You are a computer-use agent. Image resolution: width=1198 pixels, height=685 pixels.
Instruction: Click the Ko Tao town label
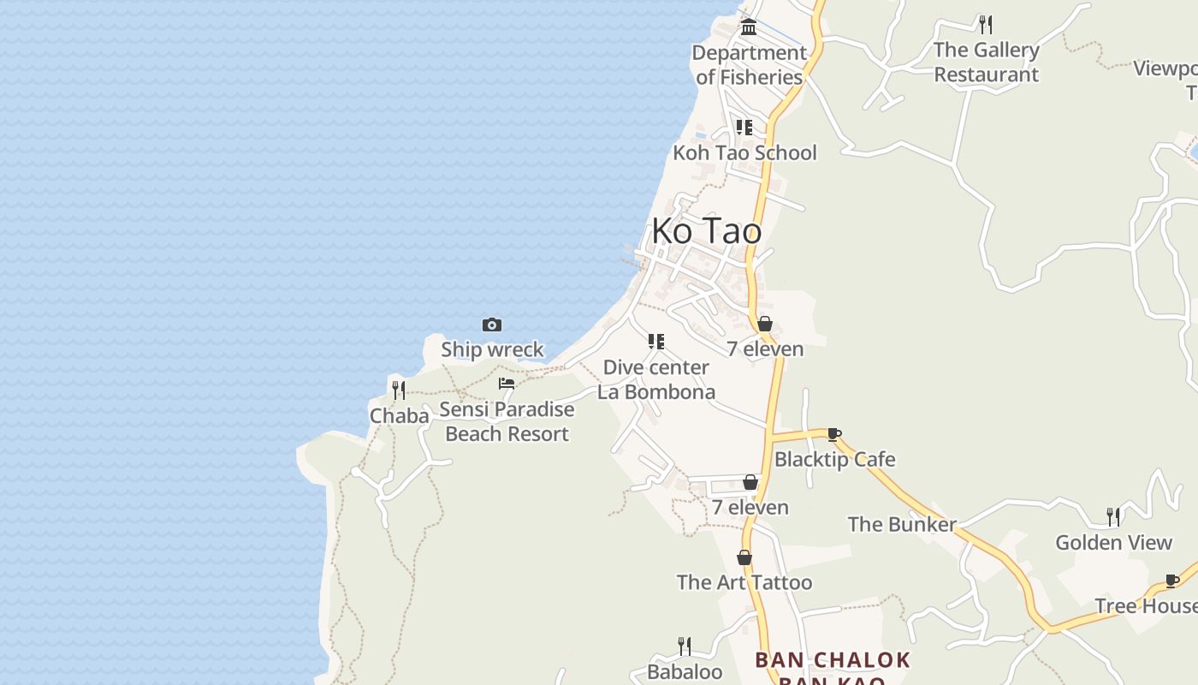click(x=706, y=231)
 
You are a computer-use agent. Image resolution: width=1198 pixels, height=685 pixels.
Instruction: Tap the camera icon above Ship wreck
click(x=492, y=325)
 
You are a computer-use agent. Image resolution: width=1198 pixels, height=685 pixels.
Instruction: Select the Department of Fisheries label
click(x=749, y=64)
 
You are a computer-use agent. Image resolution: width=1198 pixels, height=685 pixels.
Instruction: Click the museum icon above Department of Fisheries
click(x=749, y=27)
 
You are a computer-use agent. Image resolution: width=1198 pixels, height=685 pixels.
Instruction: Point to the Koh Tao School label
click(x=744, y=152)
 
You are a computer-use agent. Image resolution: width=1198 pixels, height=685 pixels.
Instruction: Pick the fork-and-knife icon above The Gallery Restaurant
click(x=986, y=24)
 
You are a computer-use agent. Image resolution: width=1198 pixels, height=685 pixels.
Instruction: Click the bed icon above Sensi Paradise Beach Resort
click(x=507, y=384)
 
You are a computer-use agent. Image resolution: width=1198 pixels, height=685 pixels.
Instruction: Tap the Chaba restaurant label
click(x=399, y=416)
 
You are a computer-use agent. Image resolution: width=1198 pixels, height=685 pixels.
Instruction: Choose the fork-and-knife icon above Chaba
click(x=399, y=390)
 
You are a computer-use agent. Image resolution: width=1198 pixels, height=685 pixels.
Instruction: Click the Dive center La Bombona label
click(x=656, y=379)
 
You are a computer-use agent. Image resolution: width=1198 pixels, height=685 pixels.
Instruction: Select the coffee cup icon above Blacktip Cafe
click(x=834, y=434)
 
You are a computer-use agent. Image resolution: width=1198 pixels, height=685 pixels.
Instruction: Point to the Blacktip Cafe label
click(x=834, y=459)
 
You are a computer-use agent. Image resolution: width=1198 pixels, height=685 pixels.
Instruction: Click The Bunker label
click(x=902, y=524)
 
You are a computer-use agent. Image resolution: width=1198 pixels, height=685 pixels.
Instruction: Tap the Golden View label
click(x=1113, y=542)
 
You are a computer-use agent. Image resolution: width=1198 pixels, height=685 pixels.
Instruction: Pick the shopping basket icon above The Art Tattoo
click(x=744, y=557)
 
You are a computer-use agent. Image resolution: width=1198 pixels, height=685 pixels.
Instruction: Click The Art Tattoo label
click(x=744, y=582)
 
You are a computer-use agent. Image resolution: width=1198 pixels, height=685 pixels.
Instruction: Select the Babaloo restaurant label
click(x=685, y=672)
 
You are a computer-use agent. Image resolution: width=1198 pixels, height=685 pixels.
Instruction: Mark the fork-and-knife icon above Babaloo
click(x=684, y=646)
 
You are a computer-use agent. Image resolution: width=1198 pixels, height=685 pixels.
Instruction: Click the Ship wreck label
click(x=492, y=349)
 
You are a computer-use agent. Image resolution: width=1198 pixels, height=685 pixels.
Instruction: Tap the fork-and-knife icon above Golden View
click(x=1113, y=516)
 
